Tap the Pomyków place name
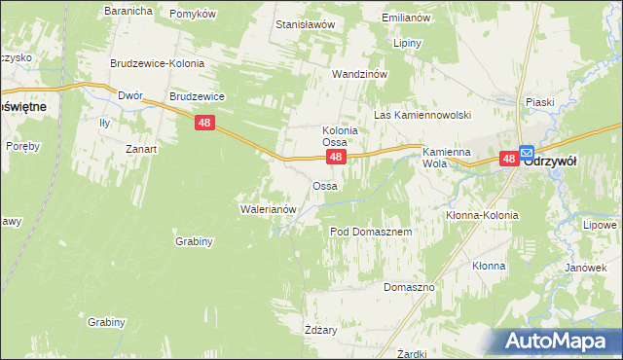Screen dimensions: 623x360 click(x=192, y=14)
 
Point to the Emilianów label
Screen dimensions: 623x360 click(x=406, y=18)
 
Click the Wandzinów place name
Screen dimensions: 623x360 click(x=360, y=74)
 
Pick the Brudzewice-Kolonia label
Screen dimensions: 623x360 click(x=157, y=63)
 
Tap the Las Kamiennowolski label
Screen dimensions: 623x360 click(x=422, y=115)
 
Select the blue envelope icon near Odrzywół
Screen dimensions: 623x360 click(x=527, y=153)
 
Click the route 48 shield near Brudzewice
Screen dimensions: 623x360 click(x=203, y=123)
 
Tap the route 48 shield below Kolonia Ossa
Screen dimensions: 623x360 click(x=335, y=157)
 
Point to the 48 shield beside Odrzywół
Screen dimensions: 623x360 click(x=509, y=158)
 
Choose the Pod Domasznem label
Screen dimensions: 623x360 click(x=372, y=233)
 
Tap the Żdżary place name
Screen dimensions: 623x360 click(x=320, y=330)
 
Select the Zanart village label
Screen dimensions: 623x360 click(x=141, y=149)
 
